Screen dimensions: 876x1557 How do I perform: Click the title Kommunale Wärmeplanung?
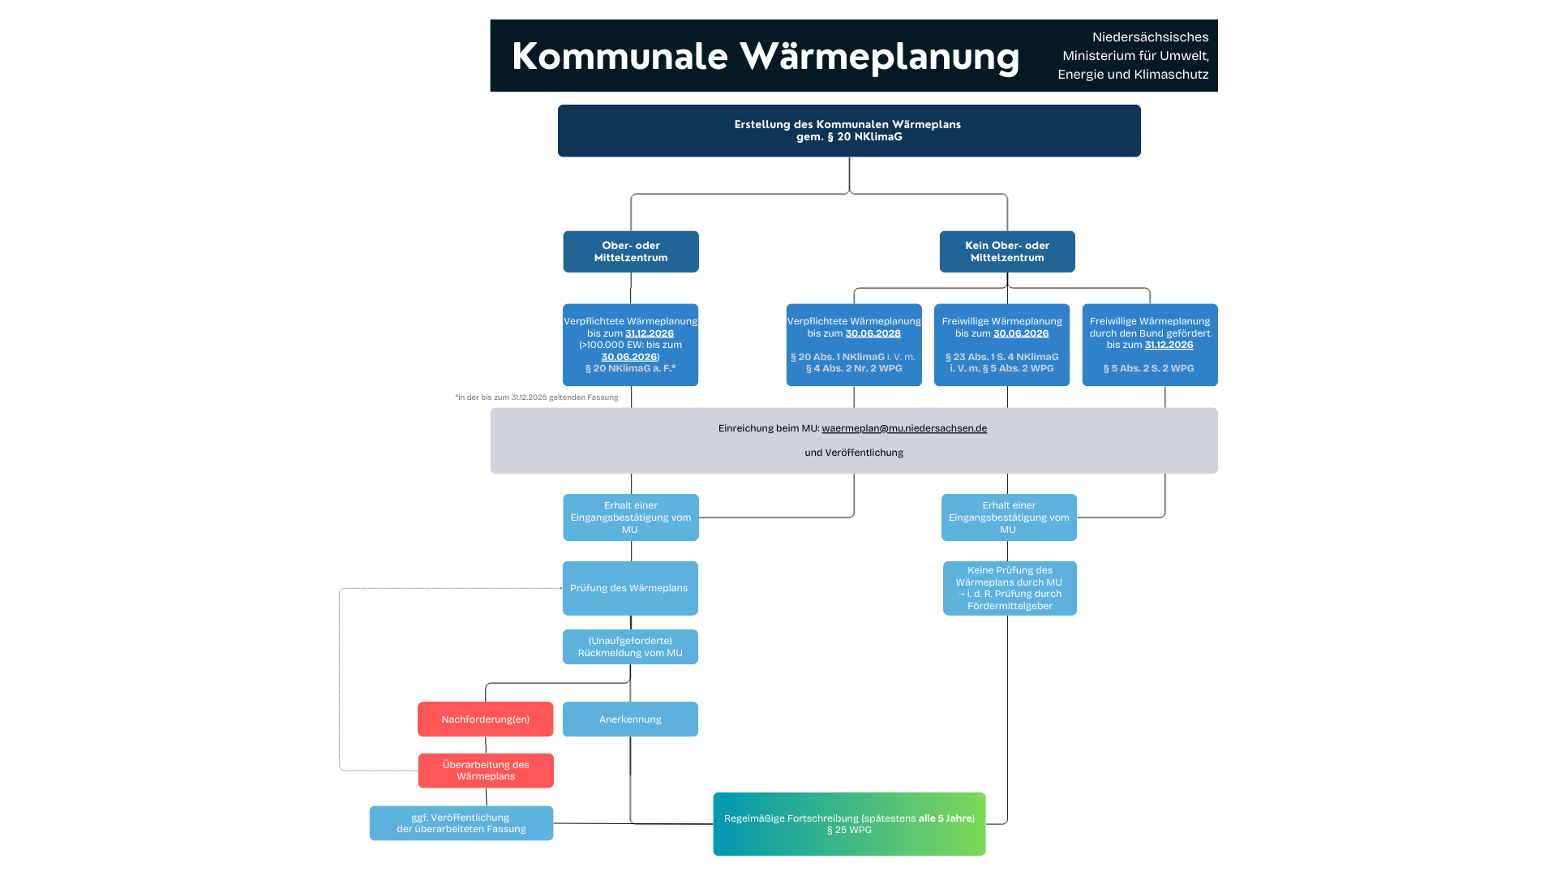coord(766,57)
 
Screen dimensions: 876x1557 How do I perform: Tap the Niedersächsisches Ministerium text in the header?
coord(1133,56)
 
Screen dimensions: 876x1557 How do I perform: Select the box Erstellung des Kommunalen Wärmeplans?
coord(848,131)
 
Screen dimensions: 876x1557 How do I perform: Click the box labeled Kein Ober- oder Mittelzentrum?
coord(1006,251)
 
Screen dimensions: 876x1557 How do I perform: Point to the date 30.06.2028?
coord(873,333)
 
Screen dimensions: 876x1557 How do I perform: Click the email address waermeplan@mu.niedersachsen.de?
coord(903,428)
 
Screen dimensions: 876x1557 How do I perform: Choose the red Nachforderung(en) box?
coord(485,719)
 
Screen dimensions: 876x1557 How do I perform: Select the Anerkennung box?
coord(630,719)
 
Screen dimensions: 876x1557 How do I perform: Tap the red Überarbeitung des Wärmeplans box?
coord(486,771)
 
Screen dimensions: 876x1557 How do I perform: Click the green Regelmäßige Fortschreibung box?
coord(849,824)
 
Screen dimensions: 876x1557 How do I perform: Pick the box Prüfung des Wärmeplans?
coord(629,588)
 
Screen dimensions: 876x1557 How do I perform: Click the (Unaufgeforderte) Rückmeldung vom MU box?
coord(630,646)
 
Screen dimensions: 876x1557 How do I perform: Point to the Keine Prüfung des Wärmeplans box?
coord(1010,588)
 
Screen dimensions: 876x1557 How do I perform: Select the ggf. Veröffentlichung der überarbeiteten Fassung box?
coord(461,823)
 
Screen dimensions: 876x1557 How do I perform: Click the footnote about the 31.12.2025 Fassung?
coord(536,397)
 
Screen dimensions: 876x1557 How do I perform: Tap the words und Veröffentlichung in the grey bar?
coord(853,453)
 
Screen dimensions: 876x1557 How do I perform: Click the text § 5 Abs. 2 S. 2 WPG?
coord(1148,368)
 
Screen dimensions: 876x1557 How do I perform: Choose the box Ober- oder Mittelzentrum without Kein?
coord(630,251)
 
